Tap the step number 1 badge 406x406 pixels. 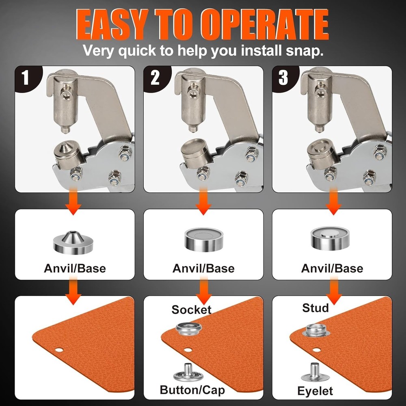(x=26, y=78)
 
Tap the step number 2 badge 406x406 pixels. (x=155, y=78)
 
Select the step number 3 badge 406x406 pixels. (x=283, y=78)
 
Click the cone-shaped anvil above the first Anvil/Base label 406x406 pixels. (x=71, y=242)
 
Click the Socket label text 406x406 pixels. (x=191, y=309)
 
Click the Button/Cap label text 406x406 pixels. (x=192, y=390)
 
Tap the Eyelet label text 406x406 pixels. (x=315, y=391)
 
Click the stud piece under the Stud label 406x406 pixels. (x=315, y=330)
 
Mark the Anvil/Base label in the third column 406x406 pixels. (x=332, y=268)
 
